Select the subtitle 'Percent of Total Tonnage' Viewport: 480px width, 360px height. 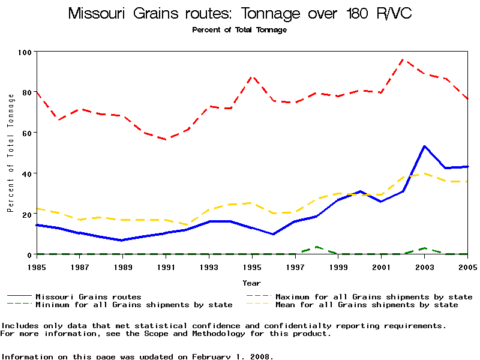pos(239,30)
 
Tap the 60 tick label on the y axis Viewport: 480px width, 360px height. pos(26,133)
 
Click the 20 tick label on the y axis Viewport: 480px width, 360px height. pos(26,214)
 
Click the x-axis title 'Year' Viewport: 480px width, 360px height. pos(251,282)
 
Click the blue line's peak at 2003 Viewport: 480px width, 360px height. pos(425,146)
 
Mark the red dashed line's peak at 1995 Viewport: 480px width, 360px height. pos(253,77)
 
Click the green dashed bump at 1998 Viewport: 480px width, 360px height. pos(317,247)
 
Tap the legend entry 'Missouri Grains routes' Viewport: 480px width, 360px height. pos(88,296)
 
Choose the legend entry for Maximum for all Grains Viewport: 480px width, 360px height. pos(373,296)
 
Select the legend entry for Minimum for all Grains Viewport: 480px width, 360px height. pos(134,305)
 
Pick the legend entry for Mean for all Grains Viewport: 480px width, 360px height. pos(366,305)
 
